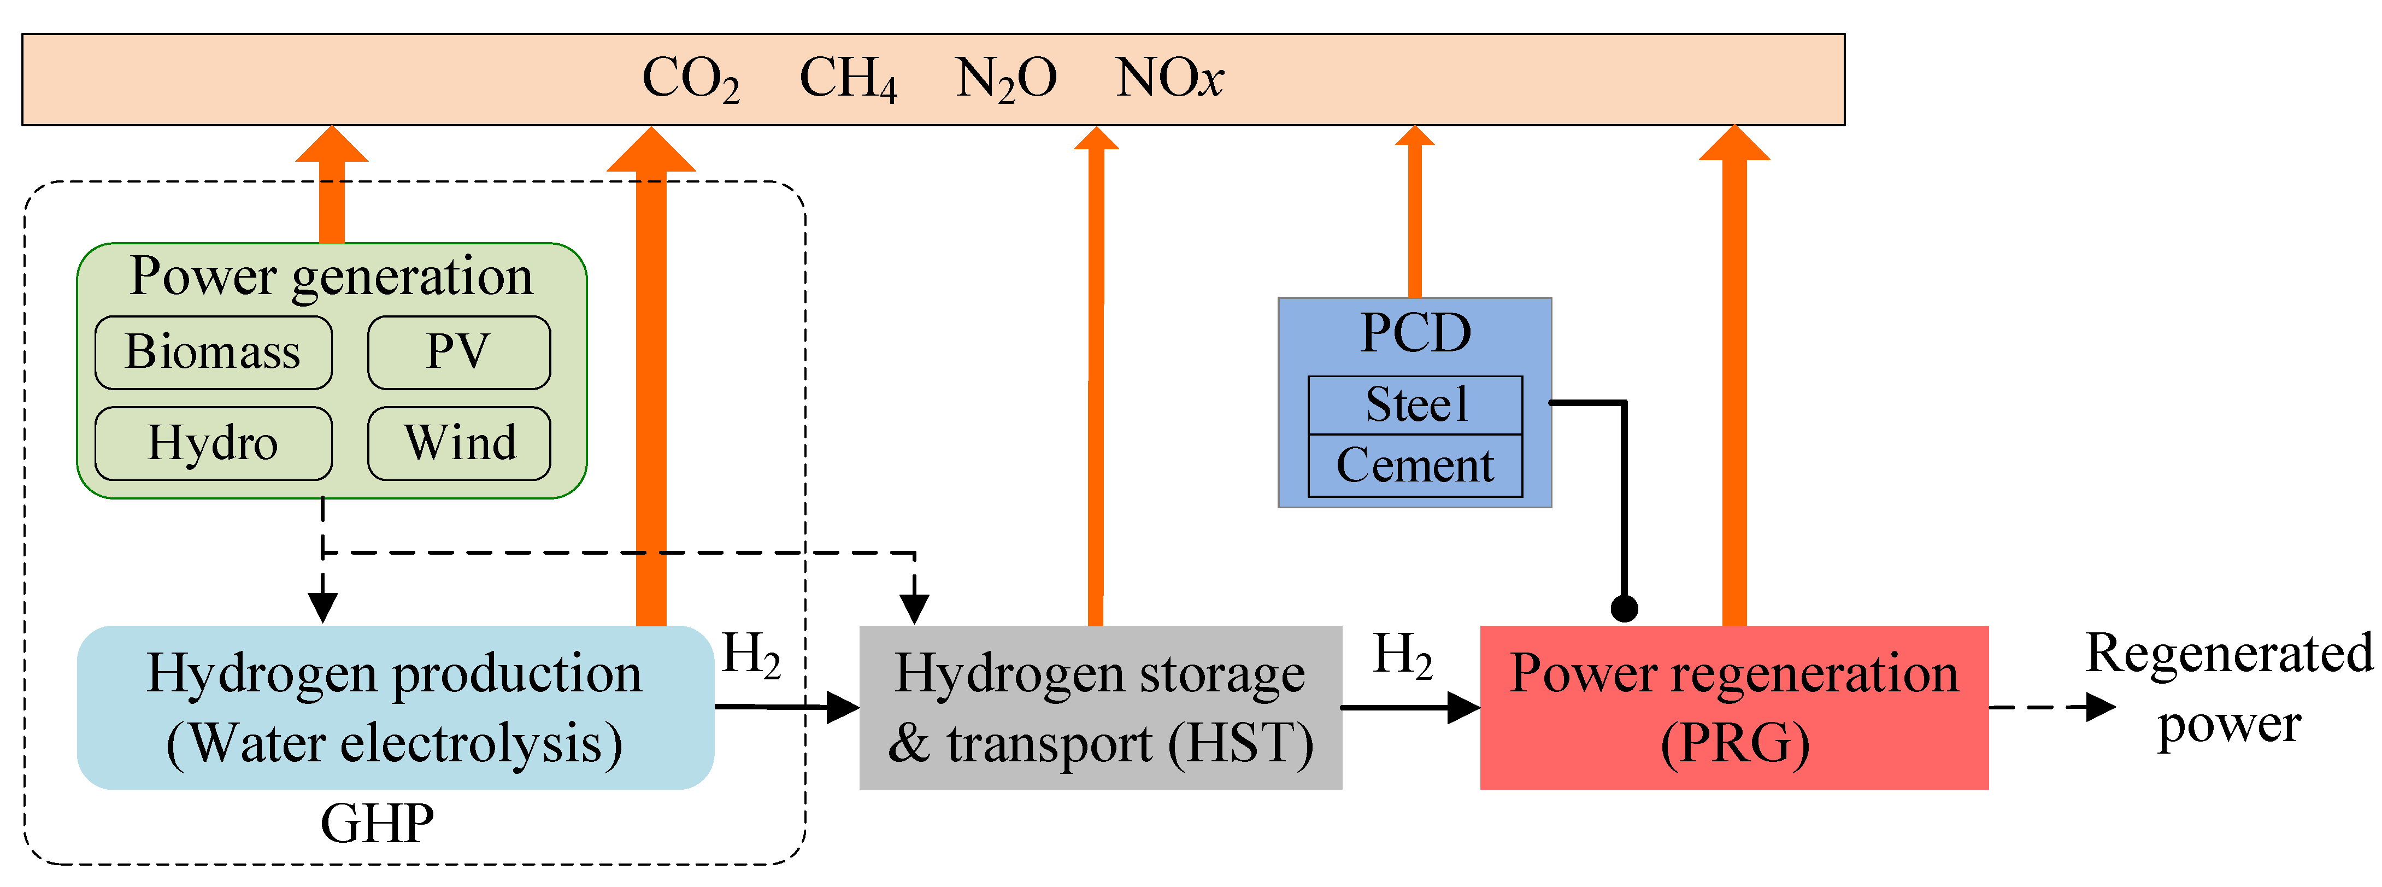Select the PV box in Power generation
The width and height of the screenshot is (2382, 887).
(x=458, y=353)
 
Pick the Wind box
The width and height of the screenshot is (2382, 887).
(x=458, y=443)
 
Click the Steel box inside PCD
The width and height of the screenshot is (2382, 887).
(x=1415, y=404)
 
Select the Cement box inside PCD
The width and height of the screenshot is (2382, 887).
(x=1415, y=465)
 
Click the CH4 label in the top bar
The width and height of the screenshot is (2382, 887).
(x=847, y=79)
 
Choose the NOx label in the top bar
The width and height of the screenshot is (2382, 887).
(x=1169, y=79)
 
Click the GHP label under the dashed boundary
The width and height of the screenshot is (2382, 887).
(x=377, y=823)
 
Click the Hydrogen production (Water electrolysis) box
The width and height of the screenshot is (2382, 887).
(x=395, y=708)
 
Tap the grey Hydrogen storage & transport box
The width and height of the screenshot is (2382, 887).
(x=1101, y=708)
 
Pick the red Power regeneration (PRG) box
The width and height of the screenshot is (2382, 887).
(x=1734, y=708)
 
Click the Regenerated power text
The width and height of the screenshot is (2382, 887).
(x=2228, y=689)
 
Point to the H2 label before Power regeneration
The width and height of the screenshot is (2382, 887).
(x=1402, y=657)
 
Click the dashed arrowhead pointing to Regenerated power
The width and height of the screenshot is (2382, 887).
(x=2101, y=708)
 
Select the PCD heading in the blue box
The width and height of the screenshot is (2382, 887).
(x=1415, y=333)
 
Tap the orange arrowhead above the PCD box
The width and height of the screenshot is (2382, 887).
(x=1415, y=136)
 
